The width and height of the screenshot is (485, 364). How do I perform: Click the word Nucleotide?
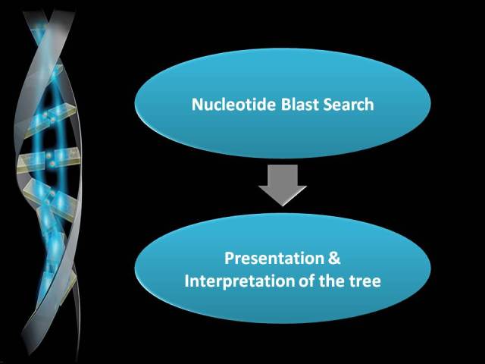point(233,104)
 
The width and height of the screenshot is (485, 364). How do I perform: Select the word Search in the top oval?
point(349,104)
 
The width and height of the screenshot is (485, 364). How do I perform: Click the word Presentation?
point(274,259)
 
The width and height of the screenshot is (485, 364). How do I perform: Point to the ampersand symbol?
point(334,258)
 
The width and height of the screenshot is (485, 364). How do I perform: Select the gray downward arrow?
point(283,185)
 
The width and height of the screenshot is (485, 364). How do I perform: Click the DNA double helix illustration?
point(48,183)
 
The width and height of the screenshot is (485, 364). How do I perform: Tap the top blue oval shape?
point(283,103)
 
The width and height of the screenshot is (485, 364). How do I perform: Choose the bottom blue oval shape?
point(283,268)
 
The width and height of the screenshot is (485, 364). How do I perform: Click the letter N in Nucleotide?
point(197,105)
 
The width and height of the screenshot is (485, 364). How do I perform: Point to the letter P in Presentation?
point(229,258)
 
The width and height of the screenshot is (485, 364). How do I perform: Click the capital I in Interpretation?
point(186,281)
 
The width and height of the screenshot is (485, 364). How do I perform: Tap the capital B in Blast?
point(286,105)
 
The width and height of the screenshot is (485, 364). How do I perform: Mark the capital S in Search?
point(327,105)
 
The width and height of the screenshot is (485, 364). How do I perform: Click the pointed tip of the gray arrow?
point(283,206)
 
